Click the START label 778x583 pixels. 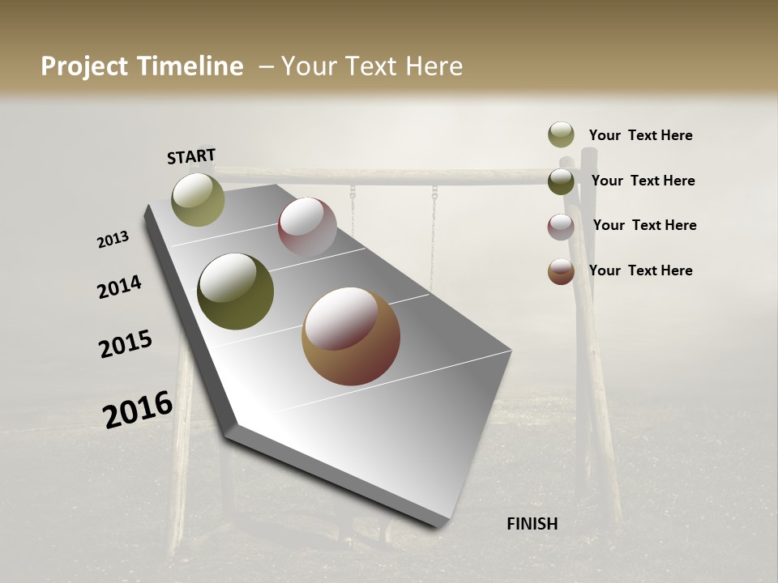(191, 155)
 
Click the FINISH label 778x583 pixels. (532, 524)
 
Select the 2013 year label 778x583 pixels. (113, 240)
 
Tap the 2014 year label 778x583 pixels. (119, 287)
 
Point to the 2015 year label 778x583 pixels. (126, 344)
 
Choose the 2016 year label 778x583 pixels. (138, 410)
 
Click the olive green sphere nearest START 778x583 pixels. (198, 199)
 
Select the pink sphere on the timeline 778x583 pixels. (307, 227)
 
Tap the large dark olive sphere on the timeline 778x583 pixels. (235, 291)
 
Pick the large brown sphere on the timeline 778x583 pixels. (351, 336)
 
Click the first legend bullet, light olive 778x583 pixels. (561, 134)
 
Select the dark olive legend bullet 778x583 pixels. (561, 181)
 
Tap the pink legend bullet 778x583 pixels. (561, 226)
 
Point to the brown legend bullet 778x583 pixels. (561, 271)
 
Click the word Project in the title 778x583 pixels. (84, 66)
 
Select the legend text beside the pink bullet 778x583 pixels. (644, 225)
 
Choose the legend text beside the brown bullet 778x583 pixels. (640, 270)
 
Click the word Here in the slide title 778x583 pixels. (434, 66)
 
